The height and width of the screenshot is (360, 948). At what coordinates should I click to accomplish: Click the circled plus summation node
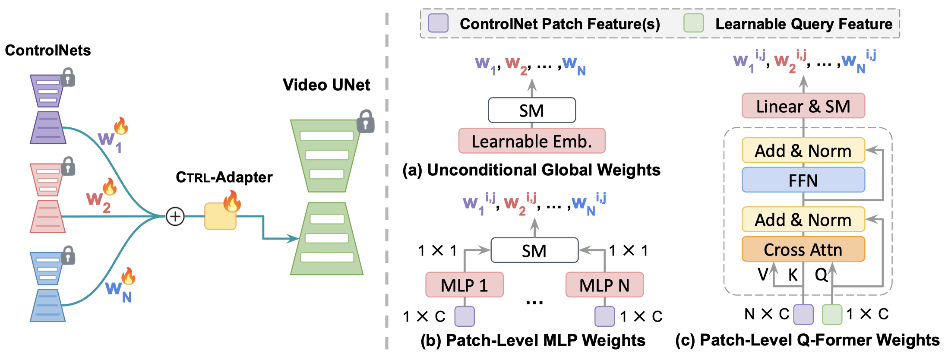[x=175, y=216]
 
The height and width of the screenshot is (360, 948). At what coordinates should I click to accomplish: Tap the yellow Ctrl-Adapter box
[x=220, y=217]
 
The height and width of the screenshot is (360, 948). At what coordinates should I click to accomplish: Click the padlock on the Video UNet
[x=366, y=121]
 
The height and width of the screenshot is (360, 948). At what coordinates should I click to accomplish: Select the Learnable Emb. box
[x=532, y=141]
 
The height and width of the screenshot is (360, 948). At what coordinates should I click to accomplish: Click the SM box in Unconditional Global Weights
[x=532, y=111]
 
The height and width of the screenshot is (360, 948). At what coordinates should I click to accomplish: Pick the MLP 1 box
[x=465, y=285]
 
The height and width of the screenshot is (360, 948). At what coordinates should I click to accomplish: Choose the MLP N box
[x=604, y=285]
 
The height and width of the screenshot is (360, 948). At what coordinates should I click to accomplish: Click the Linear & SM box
[x=803, y=106]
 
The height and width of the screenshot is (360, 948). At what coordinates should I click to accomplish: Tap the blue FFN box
[x=803, y=180]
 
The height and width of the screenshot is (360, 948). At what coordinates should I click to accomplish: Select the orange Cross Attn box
[x=803, y=249]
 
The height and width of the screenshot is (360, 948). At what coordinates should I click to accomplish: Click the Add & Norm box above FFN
[x=803, y=150]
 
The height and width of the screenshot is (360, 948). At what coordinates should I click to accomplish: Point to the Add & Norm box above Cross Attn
[x=803, y=219]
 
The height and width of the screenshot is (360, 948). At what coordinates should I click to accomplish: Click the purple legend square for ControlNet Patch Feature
[x=438, y=23]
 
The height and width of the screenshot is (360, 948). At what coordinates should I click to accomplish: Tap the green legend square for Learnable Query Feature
[x=694, y=23]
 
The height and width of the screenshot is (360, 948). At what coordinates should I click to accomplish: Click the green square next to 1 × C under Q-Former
[x=832, y=314]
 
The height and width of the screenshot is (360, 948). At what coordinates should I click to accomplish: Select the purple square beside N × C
[x=803, y=314]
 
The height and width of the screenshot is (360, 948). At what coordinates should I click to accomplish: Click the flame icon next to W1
[x=121, y=126]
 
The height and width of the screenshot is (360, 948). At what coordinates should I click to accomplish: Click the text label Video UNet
[x=326, y=85]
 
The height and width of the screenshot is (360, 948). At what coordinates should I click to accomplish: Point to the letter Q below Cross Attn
[x=820, y=275]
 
